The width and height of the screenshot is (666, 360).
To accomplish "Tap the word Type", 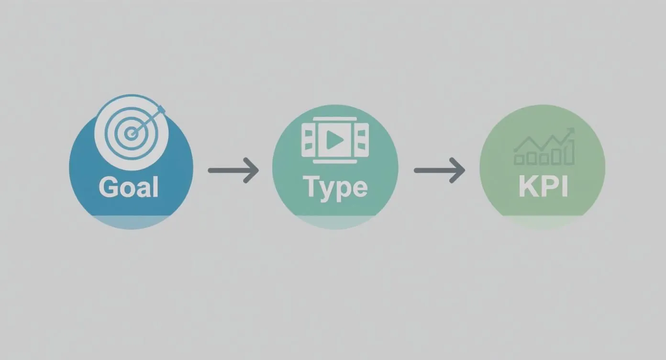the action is tap(335, 187).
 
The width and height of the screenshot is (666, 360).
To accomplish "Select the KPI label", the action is tap(543, 187).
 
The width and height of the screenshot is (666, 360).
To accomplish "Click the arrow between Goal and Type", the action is tap(233, 170).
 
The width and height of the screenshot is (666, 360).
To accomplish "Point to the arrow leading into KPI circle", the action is tap(439, 170).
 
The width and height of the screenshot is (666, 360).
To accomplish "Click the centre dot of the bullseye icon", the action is tap(131, 134).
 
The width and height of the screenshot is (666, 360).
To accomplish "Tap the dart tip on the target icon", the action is tap(161, 110).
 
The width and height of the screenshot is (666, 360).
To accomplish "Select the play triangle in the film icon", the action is tap(335, 140).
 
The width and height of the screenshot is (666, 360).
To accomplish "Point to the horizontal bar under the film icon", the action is tap(335, 161).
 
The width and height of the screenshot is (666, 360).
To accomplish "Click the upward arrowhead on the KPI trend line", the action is tap(570, 131).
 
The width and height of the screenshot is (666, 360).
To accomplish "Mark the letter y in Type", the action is tap(325, 190).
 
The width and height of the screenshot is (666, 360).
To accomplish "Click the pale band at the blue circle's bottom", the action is tap(131, 221).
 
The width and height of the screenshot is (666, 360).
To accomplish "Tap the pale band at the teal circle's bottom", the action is tap(335, 221).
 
